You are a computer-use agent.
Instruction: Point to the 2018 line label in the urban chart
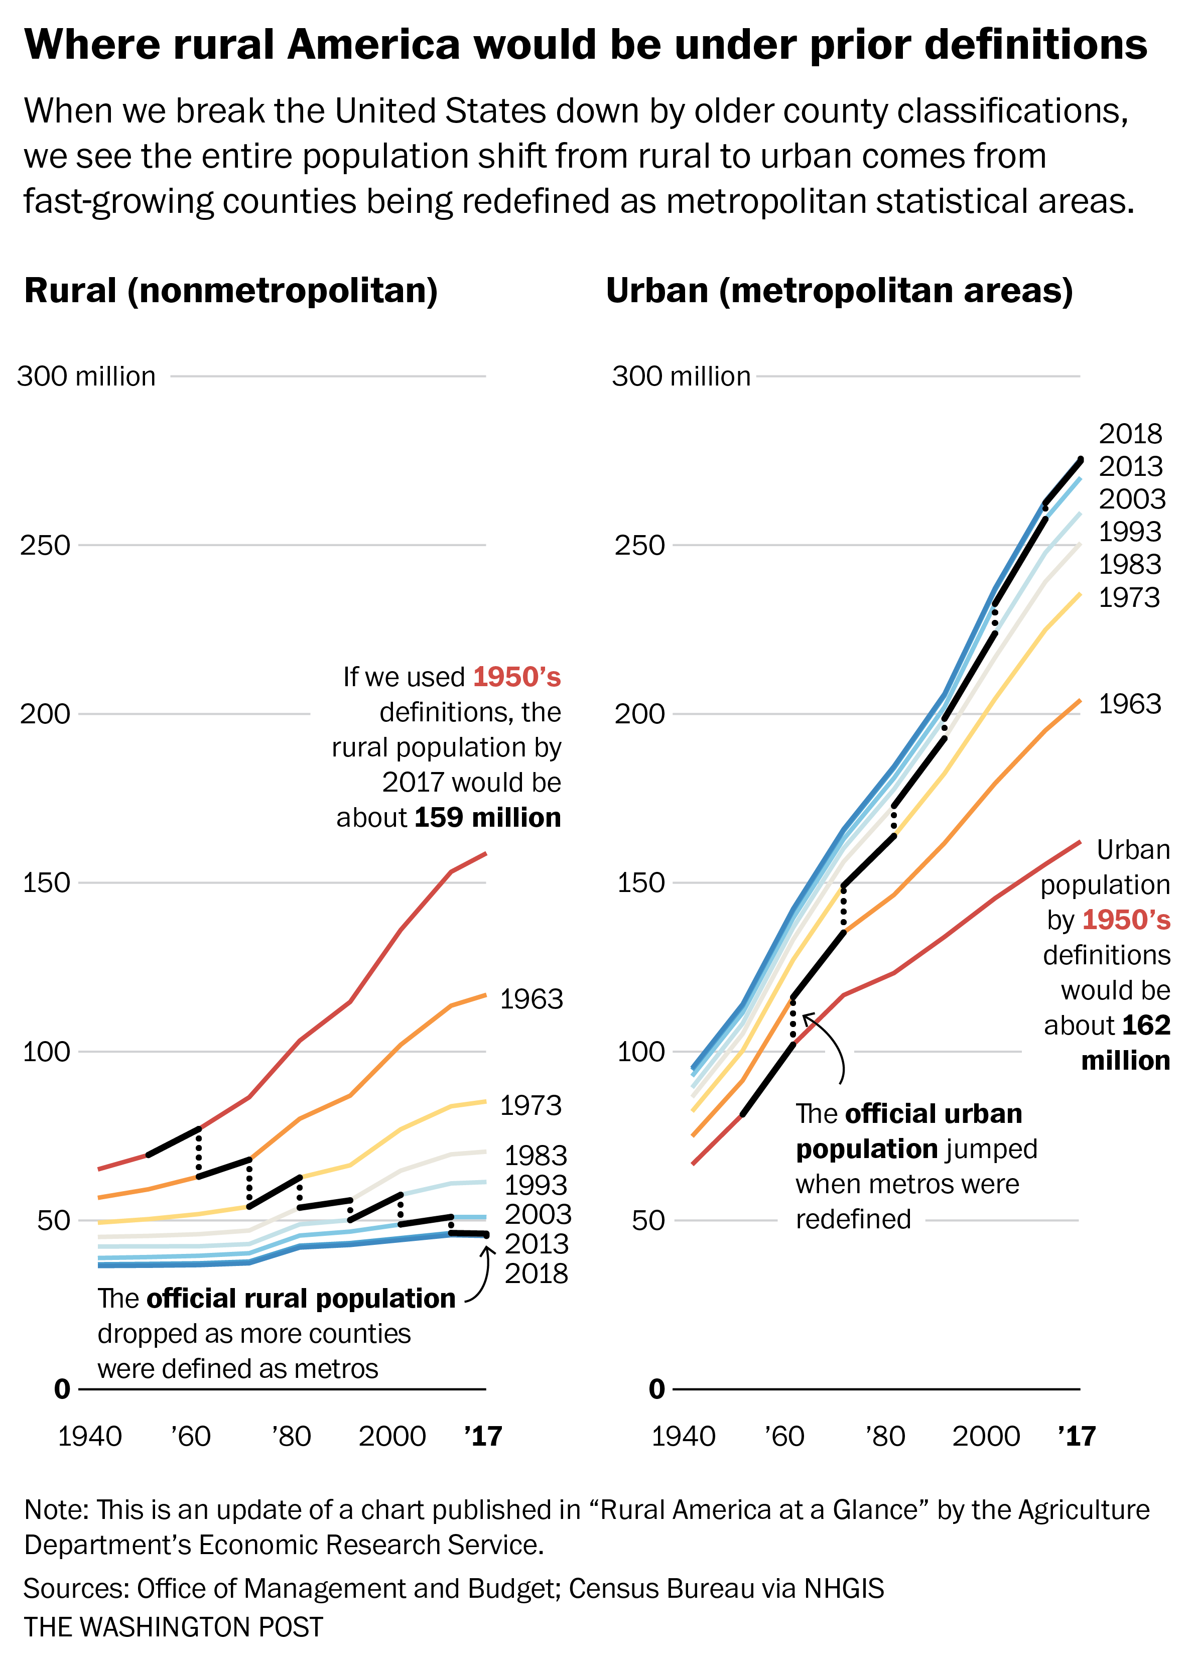tap(1130, 434)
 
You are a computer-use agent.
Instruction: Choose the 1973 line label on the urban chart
tap(1129, 598)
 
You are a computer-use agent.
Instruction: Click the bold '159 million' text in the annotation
tap(487, 818)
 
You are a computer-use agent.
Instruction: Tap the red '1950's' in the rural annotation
tap(516, 677)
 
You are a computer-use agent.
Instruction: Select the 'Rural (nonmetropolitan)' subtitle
tap(231, 291)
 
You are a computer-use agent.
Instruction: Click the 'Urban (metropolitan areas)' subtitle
tap(839, 291)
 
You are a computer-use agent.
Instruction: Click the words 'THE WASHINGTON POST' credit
tap(174, 1626)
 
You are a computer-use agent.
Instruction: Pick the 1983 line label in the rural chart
tap(536, 1156)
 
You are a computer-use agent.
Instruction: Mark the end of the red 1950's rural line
tap(485, 853)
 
